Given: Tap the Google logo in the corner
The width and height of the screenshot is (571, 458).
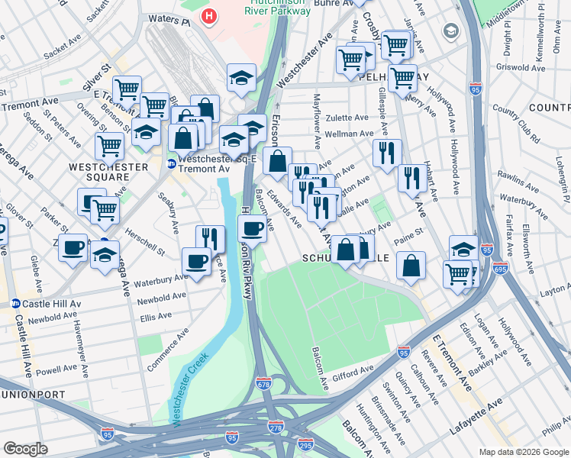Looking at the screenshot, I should click(26, 449).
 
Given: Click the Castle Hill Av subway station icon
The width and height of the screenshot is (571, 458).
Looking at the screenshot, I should click(15, 303).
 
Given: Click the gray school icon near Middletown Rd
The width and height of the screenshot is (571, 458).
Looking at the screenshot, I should click(452, 31).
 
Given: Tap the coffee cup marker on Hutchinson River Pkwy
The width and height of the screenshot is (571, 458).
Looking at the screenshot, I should click(252, 228).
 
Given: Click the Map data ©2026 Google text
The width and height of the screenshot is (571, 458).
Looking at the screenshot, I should click(523, 452).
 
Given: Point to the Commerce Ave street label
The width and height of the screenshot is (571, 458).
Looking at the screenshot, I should click(166, 350).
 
